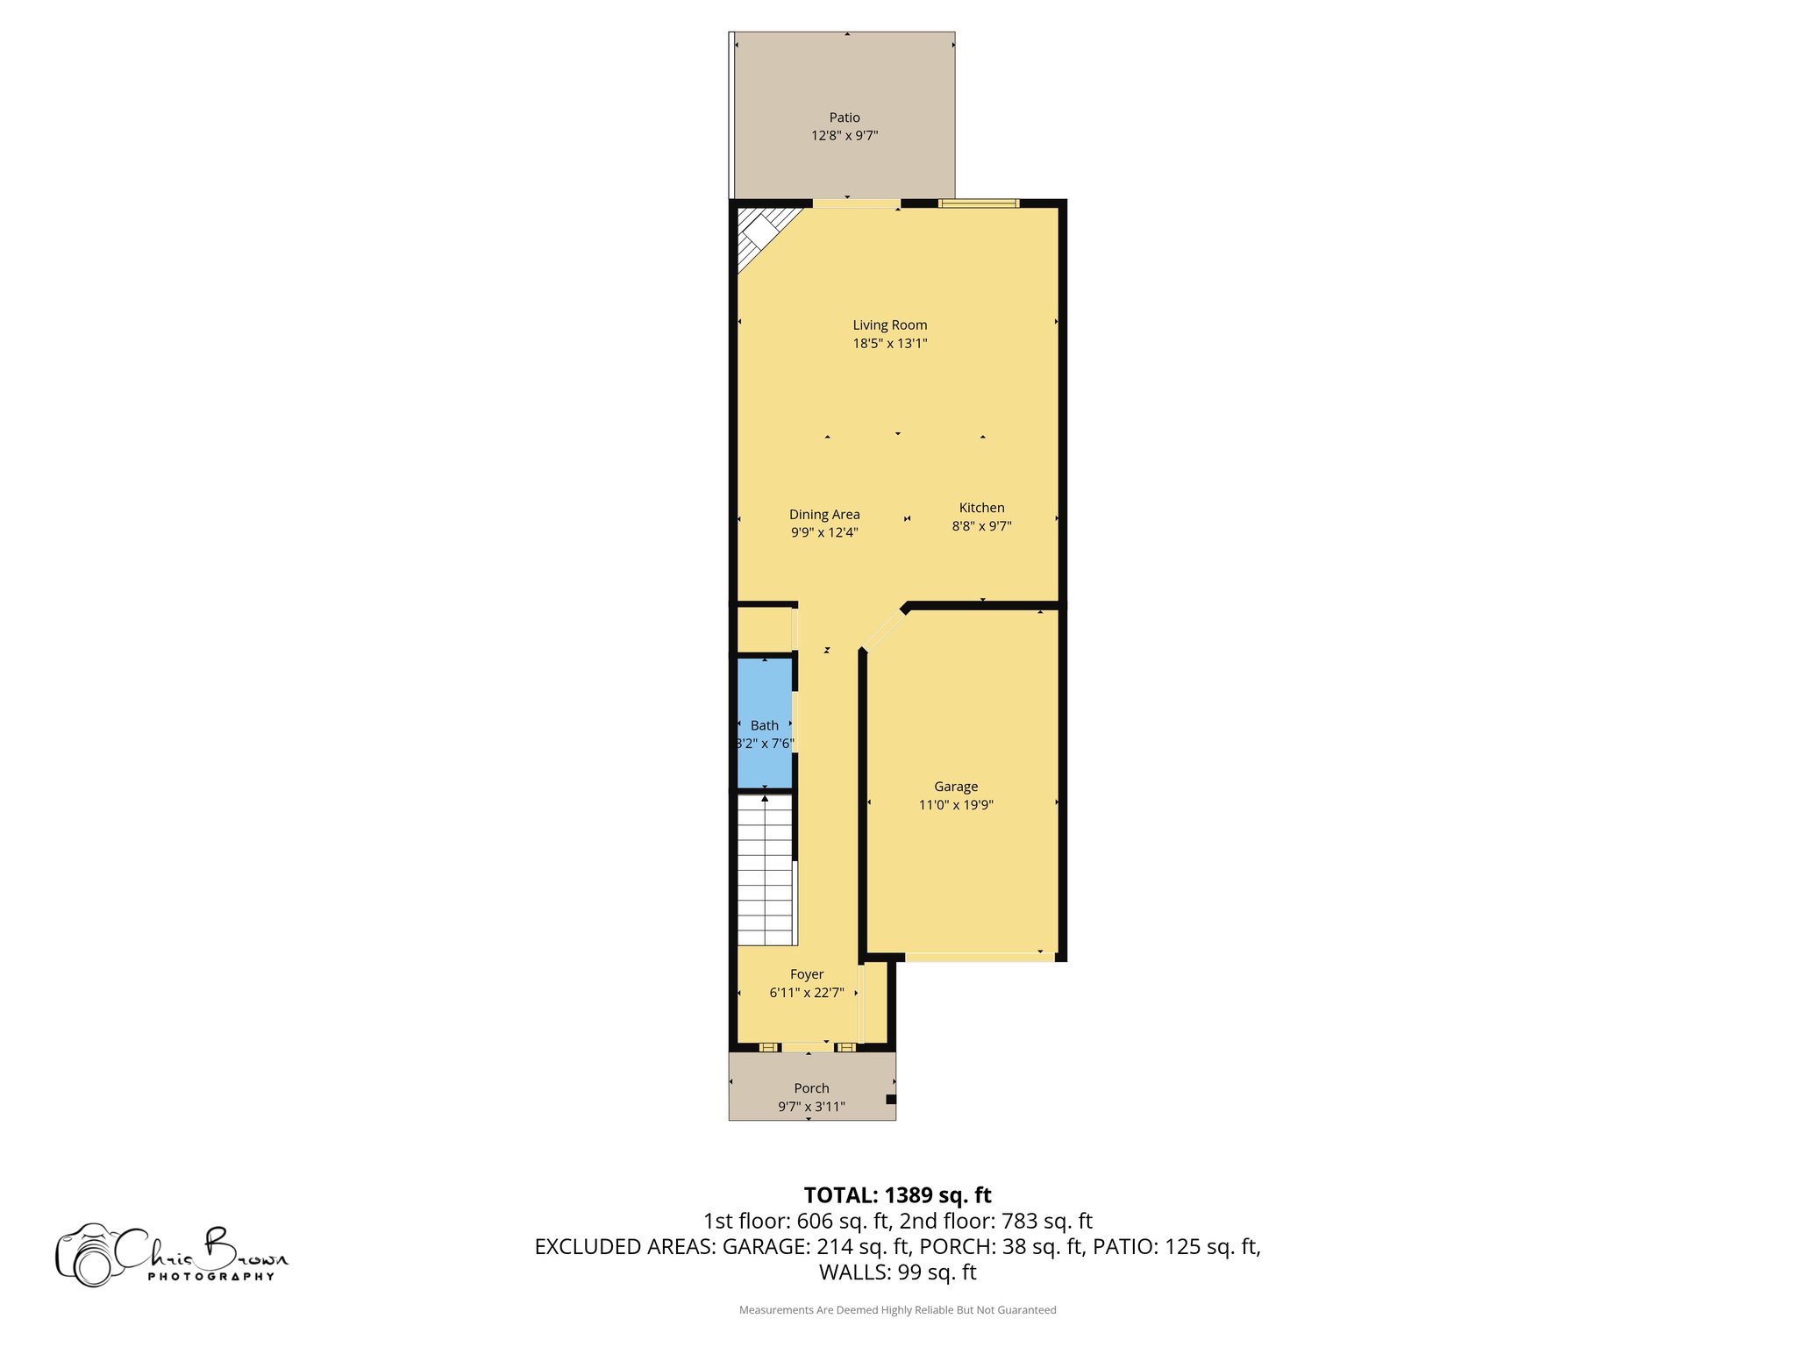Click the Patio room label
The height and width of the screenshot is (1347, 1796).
pyautogui.click(x=845, y=118)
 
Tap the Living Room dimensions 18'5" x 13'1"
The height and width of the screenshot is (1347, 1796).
pyautogui.click(x=889, y=344)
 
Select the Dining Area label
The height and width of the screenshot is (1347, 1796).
pyautogui.click(x=824, y=515)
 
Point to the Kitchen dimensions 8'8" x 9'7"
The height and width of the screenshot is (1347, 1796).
pyautogui.click(x=981, y=526)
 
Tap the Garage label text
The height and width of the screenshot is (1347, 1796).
pyautogui.click(x=955, y=787)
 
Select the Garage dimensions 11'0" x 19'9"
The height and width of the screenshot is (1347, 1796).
pyautogui.click(x=955, y=805)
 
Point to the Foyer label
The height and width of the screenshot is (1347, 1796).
pyautogui.click(x=807, y=974)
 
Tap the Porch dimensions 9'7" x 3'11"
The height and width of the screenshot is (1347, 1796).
pyautogui.click(x=811, y=1107)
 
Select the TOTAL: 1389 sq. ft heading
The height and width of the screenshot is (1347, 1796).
pyautogui.click(x=897, y=1195)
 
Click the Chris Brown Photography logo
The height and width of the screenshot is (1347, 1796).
pyautogui.click(x=171, y=1255)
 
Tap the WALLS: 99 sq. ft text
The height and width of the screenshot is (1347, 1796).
pyautogui.click(x=897, y=1272)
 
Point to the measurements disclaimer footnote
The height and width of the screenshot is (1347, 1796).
pyautogui.click(x=897, y=1310)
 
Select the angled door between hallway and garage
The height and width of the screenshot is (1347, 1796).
pyautogui.click(x=884, y=628)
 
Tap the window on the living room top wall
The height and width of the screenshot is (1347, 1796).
pyautogui.click(x=979, y=203)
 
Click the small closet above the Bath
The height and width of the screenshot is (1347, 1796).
pyautogui.click(x=764, y=630)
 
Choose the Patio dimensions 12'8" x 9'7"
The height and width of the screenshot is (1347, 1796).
pyautogui.click(x=845, y=136)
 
